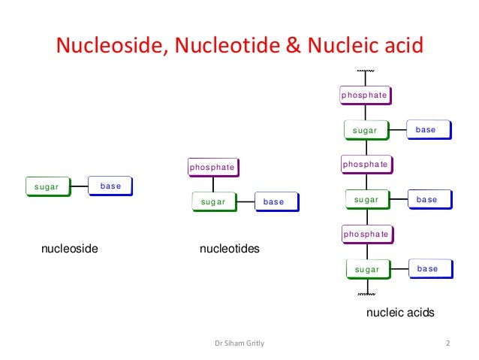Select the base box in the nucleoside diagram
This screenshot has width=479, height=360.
[x=110, y=186]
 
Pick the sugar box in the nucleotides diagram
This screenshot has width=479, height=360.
[x=213, y=201]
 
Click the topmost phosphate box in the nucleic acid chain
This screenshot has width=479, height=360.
[x=364, y=95]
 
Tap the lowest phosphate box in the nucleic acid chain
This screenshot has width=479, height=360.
[x=366, y=234]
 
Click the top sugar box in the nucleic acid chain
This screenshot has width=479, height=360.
[x=366, y=130]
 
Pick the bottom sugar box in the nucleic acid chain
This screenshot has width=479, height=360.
[x=367, y=268]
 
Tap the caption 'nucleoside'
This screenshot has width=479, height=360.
[x=70, y=247]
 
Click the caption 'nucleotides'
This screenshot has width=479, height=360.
[x=229, y=247]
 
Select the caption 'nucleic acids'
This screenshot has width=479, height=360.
[x=399, y=312]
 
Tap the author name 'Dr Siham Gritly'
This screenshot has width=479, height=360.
[x=239, y=344]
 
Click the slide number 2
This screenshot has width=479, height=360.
[x=447, y=344]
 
